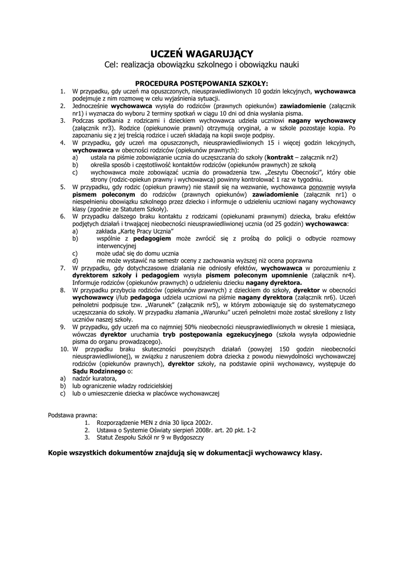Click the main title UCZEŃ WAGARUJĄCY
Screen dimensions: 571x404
pyautogui.click(x=202, y=54)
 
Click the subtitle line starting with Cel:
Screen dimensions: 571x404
pyautogui.click(x=202, y=65)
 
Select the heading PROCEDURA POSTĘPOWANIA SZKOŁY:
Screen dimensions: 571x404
pyautogui.click(x=202, y=83)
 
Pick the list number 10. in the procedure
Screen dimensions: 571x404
pyautogui.click(x=64, y=349)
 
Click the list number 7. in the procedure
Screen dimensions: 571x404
pyautogui.click(x=63, y=268)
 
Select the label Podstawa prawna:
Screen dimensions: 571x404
pyautogui.click(x=72, y=415)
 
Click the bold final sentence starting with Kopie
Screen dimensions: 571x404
pyautogui.click(x=185, y=453)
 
